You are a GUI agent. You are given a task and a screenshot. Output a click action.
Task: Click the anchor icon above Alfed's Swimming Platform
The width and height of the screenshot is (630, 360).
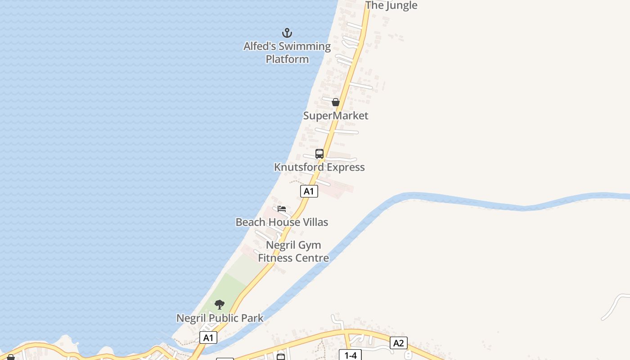tap(287, 33)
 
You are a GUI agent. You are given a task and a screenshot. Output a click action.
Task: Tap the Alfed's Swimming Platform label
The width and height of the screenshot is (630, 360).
tap(287, 53)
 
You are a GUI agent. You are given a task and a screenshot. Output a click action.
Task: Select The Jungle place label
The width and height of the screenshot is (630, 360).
tap(391, 5)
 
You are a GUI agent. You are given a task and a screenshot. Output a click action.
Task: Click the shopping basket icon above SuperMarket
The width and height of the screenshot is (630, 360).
tap(335, 102)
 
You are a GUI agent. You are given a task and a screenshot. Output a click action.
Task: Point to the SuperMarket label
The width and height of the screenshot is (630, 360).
tap(336, 116)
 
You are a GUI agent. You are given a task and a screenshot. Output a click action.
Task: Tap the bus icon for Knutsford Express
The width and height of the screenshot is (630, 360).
tap(319, 154)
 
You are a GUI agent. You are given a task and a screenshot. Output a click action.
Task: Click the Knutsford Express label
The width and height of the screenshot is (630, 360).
tap(319, 167)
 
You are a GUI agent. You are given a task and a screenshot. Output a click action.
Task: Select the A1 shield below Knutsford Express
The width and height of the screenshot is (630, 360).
tap(309, 191)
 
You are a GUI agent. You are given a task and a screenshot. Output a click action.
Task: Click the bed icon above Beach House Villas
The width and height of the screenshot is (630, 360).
tap(282, 209)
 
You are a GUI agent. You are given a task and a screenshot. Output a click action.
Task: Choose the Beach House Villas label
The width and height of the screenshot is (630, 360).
tap(282, 222)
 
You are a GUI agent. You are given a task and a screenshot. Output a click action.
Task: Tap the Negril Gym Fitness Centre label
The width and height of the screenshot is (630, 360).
tap(293, 252)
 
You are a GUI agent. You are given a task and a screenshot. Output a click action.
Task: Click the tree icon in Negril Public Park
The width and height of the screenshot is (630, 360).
tap(220, 305)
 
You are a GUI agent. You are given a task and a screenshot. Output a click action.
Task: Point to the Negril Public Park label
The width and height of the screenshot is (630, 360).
tap(220, 318)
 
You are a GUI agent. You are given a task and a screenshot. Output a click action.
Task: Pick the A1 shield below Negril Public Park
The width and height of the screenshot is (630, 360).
tap(208, 338)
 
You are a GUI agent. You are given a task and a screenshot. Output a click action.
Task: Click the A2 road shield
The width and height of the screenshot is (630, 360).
tap(398, 343)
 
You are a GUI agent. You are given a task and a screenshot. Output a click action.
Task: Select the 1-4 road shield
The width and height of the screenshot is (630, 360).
tap(350, 355)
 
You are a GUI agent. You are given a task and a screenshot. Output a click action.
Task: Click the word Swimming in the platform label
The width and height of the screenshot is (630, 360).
tap(305, 46)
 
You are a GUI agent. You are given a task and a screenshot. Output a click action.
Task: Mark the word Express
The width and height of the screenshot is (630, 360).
tap(345, 167)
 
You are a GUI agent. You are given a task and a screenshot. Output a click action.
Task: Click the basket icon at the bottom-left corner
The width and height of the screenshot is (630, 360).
tap(11, 358)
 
